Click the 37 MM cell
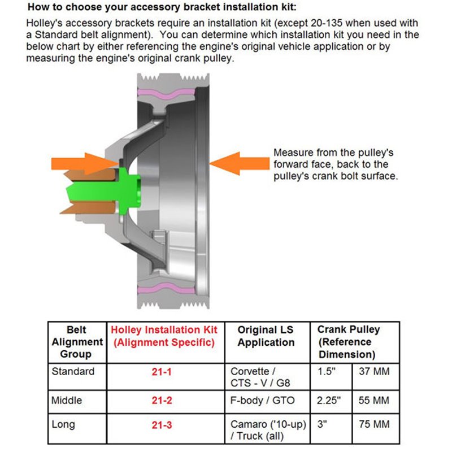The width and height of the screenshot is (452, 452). [374, 372]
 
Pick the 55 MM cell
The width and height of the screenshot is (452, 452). [374, 401]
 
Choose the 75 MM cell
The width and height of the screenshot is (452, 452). [374, 424]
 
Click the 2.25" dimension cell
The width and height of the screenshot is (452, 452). [330, 401]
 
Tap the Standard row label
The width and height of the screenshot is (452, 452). [73, 372]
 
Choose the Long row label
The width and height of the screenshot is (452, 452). [63, 424]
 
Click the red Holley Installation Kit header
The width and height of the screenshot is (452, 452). [164, 336]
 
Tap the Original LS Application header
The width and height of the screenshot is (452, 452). [266, 336]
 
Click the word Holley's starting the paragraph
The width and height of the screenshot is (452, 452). [46, 24]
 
